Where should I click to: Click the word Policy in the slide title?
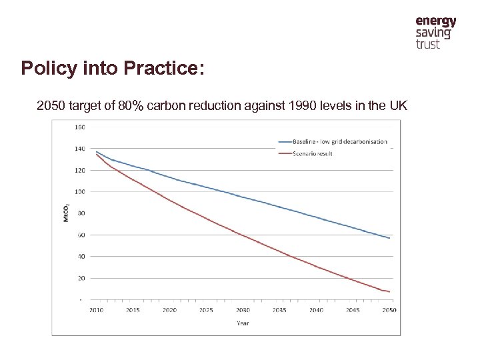pos(45,68)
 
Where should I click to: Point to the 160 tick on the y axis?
pos(79,127)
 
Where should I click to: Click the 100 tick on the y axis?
pos(79,191)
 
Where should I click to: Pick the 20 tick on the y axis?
pos(80,278)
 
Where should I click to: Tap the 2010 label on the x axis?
pos(97,310)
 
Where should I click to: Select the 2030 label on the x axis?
pos(243,310)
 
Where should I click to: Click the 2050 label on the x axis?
pos(389,310)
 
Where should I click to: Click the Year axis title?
pos(243,323)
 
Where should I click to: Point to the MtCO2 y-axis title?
pos(65,213)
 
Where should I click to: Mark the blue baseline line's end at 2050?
pos(389,238)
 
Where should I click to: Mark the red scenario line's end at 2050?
pos(389,291)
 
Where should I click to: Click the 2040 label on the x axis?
pos(316,310)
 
